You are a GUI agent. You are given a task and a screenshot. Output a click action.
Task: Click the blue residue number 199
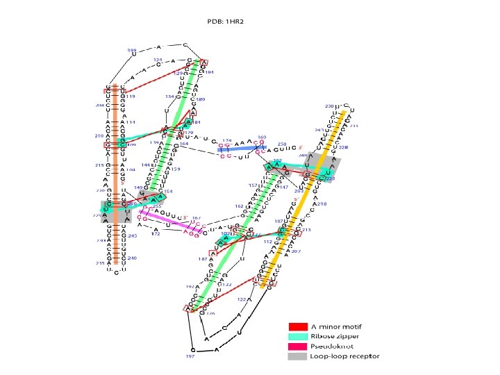click(x=131, y=50)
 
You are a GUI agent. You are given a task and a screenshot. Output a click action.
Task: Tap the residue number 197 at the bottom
click(x=190, y=357)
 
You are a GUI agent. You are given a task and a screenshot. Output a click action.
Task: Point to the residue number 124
click(x=158, y=60)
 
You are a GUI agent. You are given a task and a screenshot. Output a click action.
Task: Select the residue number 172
click(x=156, y=234)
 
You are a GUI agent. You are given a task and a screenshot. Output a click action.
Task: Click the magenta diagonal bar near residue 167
click(x=167, y=221)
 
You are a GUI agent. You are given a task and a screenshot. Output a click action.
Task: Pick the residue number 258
click(x=282, y=144)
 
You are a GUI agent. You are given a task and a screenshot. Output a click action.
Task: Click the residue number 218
click(x=322, y=203)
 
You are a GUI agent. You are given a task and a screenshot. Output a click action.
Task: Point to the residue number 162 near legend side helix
click(x=239, y=206)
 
